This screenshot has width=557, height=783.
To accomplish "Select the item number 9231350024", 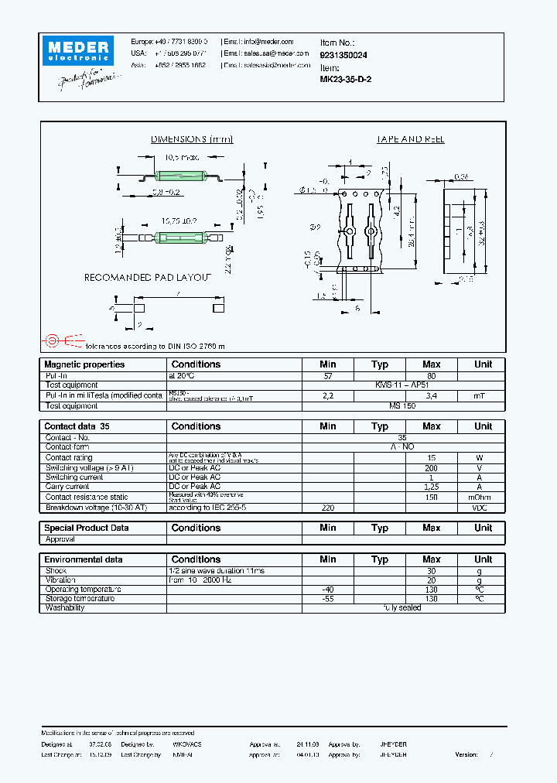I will (343, 56).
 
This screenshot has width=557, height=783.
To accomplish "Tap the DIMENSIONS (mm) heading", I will (191, 139).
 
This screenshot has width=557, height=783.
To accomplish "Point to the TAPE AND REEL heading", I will (410, 139).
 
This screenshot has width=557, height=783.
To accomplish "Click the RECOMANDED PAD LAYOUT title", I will (147, 277).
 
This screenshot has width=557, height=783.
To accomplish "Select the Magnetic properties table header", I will (84, 364).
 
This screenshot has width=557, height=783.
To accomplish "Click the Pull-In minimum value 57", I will (327, 375).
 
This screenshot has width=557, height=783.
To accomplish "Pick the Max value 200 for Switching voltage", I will (431, 468).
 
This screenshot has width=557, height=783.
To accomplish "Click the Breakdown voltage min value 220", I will (327, 508).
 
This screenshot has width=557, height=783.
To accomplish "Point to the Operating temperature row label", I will (80, 589).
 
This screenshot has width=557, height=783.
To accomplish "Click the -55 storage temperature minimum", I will (327, 599).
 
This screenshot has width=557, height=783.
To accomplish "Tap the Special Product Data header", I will (87, 528).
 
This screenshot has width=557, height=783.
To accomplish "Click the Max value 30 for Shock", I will (431, 570).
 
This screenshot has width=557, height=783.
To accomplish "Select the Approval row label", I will (60, 539).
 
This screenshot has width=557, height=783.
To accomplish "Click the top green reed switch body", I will (179, 174).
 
